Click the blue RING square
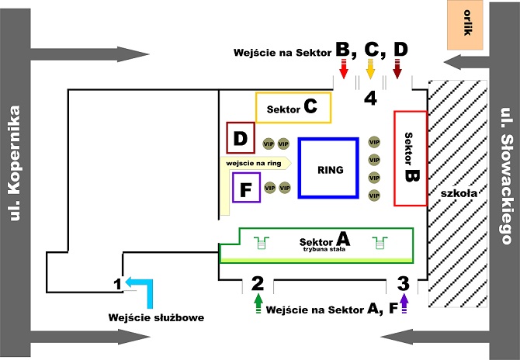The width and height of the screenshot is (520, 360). [329, 170]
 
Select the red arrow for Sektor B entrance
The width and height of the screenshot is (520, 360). [342, 72]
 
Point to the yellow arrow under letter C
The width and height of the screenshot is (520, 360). [371, 72]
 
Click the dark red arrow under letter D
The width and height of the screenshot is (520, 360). [398, 72]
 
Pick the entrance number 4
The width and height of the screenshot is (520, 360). [371, 99]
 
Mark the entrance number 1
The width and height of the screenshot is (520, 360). [117, 285]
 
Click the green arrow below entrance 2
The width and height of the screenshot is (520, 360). [258, 303]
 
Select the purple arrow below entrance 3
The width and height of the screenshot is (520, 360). [404, 304]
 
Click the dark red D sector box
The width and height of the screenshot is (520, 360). [241, 139]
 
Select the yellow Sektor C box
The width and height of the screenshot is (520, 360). [293, 109]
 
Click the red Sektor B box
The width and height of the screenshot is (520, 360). [411, 158]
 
